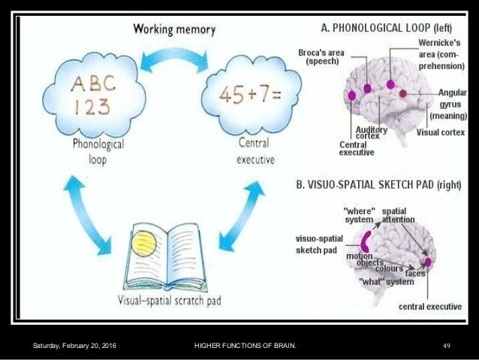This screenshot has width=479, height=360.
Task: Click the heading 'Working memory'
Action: [174, 30]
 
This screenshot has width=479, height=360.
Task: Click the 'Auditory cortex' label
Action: [372, 133]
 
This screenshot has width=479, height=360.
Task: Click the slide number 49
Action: [446, 345]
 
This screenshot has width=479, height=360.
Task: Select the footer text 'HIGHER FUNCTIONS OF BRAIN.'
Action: [245, 345]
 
